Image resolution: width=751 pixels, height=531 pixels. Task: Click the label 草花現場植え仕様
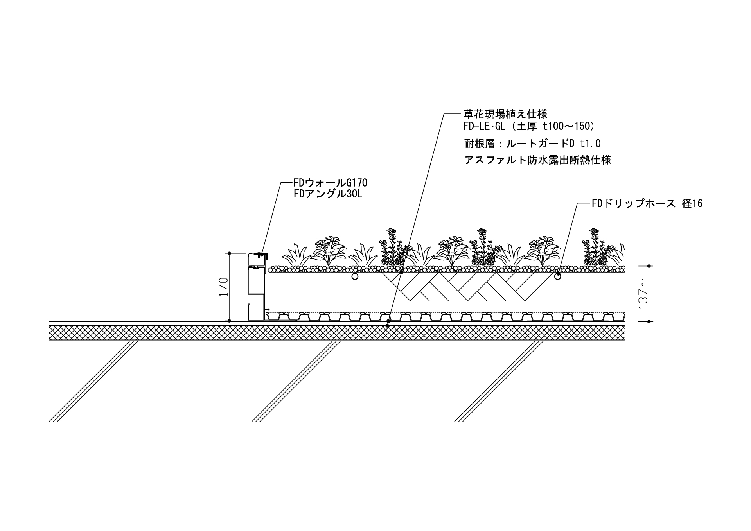point(505,114)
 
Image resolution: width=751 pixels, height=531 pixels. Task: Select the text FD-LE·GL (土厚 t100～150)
point(529,126)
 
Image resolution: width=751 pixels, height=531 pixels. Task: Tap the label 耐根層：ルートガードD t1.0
point(532,144)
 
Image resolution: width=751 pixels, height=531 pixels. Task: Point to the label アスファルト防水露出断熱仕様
point(537,160)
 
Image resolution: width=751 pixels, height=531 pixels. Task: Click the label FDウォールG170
point(331,183)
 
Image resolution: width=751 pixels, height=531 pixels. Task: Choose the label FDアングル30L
point(328,194)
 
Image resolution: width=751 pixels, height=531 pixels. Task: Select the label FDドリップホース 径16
point(647,203)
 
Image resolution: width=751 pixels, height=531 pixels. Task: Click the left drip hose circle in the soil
point(355,277)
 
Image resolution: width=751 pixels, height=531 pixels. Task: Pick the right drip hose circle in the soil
point(557,277)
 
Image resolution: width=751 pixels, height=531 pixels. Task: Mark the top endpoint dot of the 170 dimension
point(230,253)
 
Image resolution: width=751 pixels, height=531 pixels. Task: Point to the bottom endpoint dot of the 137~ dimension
point(649,321)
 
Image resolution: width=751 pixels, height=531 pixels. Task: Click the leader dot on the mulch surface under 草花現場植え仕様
point(401,271)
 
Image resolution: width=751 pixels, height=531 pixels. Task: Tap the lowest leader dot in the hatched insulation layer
point(387,326)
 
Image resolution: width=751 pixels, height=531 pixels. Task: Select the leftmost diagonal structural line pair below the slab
point(94,381)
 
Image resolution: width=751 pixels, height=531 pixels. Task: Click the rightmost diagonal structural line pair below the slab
point(499,381)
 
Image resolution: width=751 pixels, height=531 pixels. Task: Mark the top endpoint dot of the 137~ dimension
point(649,266)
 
